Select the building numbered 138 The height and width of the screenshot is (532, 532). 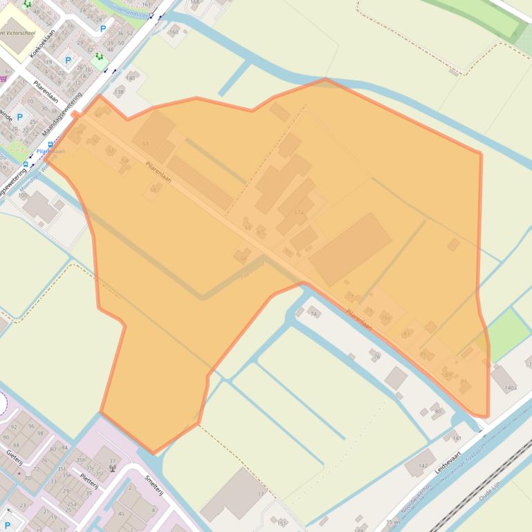(x=119, y=91)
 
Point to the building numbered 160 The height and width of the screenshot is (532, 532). (x=174, y=31)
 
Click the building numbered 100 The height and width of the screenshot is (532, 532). (x=39, y=206)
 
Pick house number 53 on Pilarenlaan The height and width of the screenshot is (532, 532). (x=145, y=144)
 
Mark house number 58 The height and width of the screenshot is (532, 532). (x=153, y=189)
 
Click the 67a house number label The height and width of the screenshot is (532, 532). (x=299, y=212)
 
